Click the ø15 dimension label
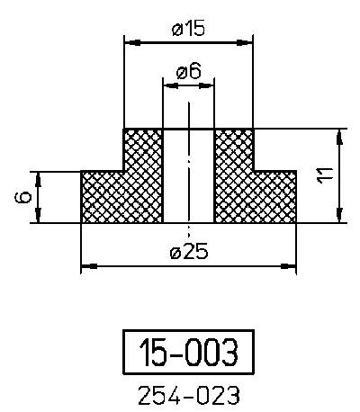(x=188, y=28)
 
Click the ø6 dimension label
(x=188, y=72)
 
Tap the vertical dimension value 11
(x=325, y=175)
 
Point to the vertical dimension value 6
(x=24, y=195)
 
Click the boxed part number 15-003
(x=188, y=352)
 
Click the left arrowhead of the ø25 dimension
(x=87, y=266)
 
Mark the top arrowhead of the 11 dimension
(x=339, y=135)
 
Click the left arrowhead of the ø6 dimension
(x=167, y=84)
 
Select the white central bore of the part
(x=188, y=175)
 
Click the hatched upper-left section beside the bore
(x=142, y=148)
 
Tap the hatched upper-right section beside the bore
(x=234, y=148)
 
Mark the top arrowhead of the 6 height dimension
(x=38, y=176)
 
